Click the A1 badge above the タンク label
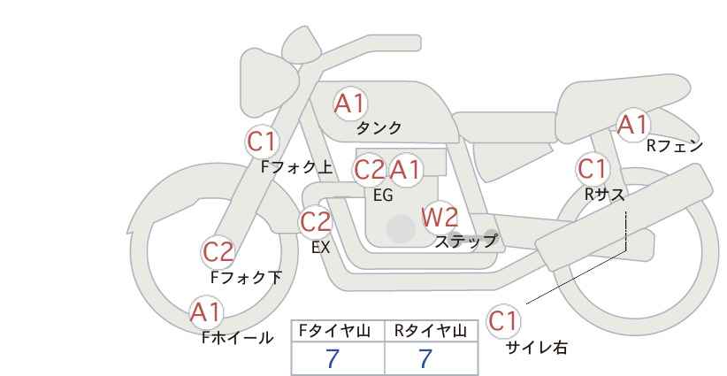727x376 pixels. pyautogui.click(x=349, y=104)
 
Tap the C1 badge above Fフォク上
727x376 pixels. pyautogui.click(x=262, y=141)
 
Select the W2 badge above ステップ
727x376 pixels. pyautogui.click(x=440, y=217)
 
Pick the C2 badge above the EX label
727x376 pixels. pyautogui.click(x=316, y=221)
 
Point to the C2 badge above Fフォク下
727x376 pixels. pyautogui.click(x=218, y=252)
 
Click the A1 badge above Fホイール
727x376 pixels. pyautogui.click(x=206, y=311)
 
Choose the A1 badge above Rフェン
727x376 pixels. pyautogui.click(x=632, y=125)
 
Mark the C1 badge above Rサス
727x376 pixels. pyautogui.click(x=592, y=168)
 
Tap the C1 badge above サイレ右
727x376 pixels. pyautogui.click(x=502, y=320)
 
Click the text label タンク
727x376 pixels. pyautogui.click(x=379, y=127)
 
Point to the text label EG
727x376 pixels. pyautogui.click(x=383, y=195)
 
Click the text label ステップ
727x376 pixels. pyautogui.click(x=465, y=240)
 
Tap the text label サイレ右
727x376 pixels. pyautogui.click(x=537, y=348)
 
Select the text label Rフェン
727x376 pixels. pyautogui.click(x=675, y=146)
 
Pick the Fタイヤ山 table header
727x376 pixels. pyautogui.click(x=338, y=330)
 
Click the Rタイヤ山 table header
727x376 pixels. pyautogui.click(x=432, y=330)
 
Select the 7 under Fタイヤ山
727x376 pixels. pyautogui.click(x=333, y=358)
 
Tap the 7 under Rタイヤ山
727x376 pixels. pyautogui.click(x=425, y=358)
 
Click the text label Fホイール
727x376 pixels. pyautogui.click(x=237, y=337)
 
